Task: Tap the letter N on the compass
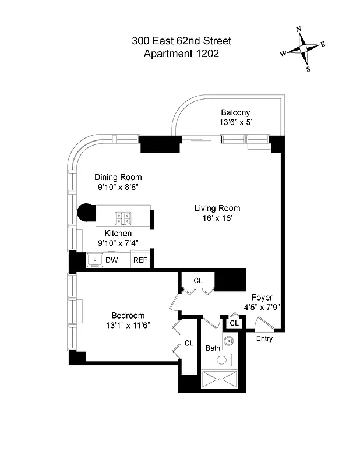pyautogui.click(x=299, y=29)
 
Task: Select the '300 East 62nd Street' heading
pyautogui.click(x=181, y=41)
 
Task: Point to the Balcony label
pyautogui.click(x=235, y=112)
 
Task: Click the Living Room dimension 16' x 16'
pyautogui.click(x=217, y=218)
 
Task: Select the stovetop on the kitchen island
pyautogui.click(x=122, y=218)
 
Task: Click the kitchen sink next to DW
pyautogui.click(x=94, y=260)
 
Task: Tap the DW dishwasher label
pyautogui.click(x=112, y=260)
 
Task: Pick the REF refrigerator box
pyautogui.click(x=140, y=260)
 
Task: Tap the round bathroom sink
pyautogui.click(x=228, y=342)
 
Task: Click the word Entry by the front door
pyautogui.click(x=264, y=338)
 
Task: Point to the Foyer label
pyautogui.click(x=262, y=297)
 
